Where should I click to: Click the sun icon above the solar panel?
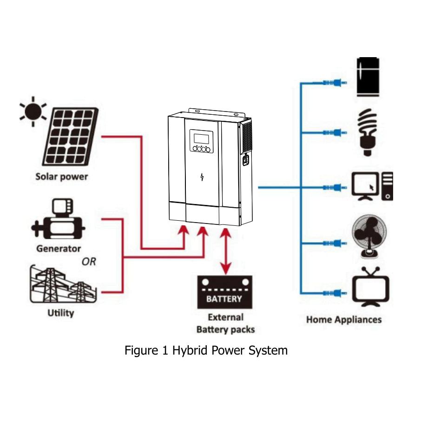33,111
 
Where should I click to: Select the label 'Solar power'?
61,177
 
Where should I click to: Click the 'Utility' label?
61,313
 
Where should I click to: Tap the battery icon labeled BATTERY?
224,292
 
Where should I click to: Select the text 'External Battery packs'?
225,323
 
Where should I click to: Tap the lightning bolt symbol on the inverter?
202,177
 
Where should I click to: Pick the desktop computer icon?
372,187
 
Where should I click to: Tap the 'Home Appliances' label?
344,320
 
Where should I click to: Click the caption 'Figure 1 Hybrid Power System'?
206,350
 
